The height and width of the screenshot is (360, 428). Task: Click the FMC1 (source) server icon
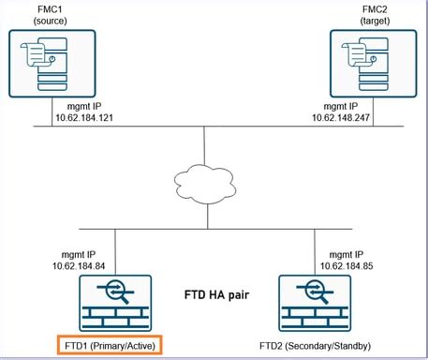point(52,61)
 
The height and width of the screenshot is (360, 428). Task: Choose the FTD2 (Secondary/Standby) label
point(318,346)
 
